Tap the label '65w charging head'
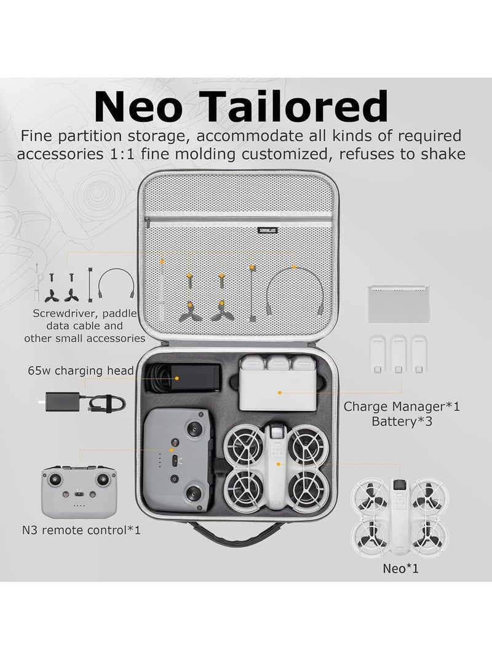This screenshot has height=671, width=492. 81,370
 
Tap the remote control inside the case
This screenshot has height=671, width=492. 178,458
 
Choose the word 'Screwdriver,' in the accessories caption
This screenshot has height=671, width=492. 68,314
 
